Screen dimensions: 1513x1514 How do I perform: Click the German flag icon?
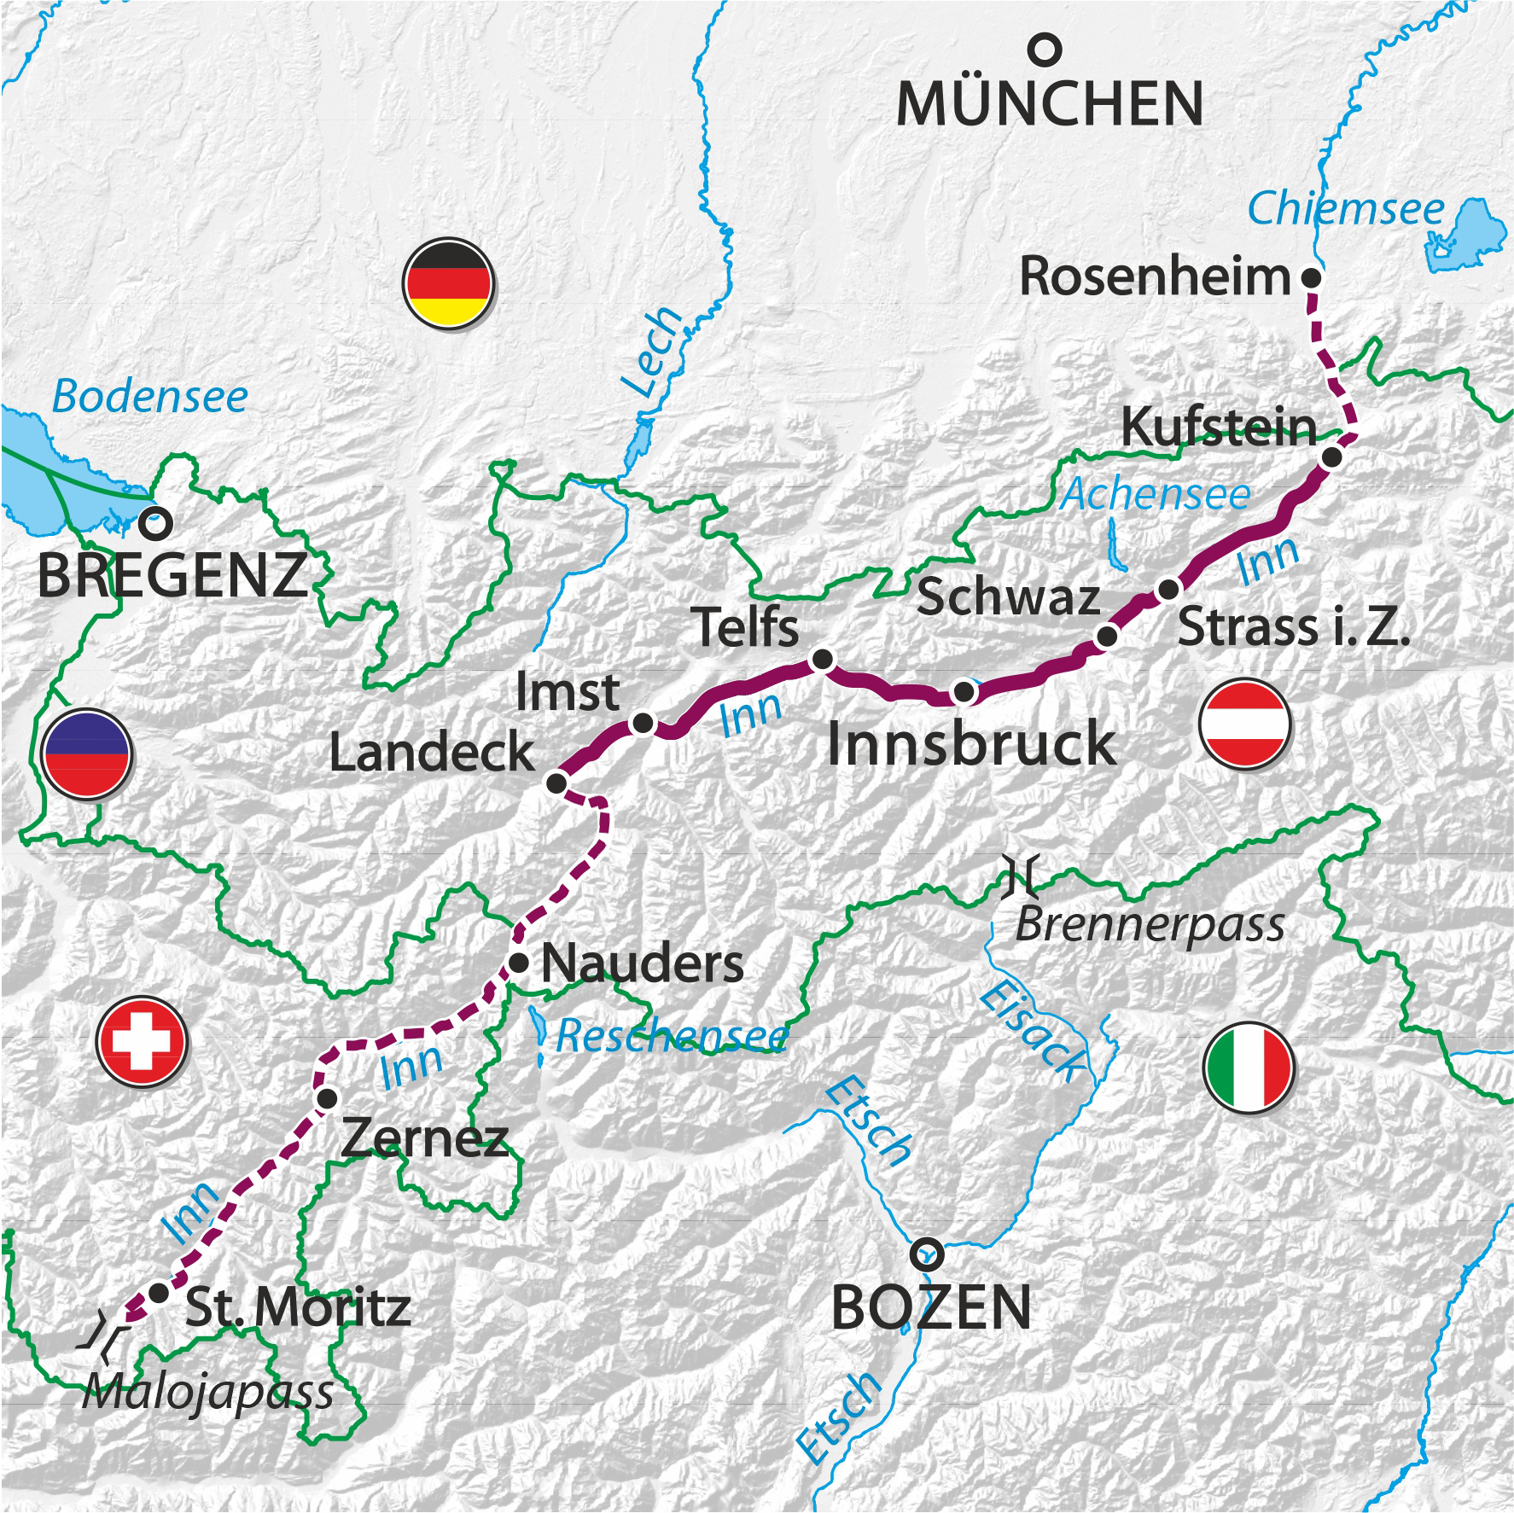[448, 283]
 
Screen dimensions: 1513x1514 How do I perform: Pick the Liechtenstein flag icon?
[86, 754]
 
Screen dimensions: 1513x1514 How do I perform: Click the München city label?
[1051, 104]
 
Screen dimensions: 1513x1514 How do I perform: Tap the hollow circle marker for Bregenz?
[154, 521]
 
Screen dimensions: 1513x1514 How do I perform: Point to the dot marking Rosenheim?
[1311, 276]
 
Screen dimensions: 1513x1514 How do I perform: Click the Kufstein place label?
[1219, 427]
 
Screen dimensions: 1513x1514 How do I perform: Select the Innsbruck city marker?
[964, 690]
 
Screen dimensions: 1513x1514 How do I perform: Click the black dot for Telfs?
[822, 659]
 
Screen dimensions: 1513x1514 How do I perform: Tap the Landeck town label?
[431, 754]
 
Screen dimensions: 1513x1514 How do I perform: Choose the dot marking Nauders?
[518, 963]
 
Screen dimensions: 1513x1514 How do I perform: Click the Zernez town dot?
[326, 1098]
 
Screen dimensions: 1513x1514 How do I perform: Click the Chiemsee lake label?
[1345, 209]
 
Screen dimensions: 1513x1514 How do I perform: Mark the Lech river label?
[654, 352]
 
